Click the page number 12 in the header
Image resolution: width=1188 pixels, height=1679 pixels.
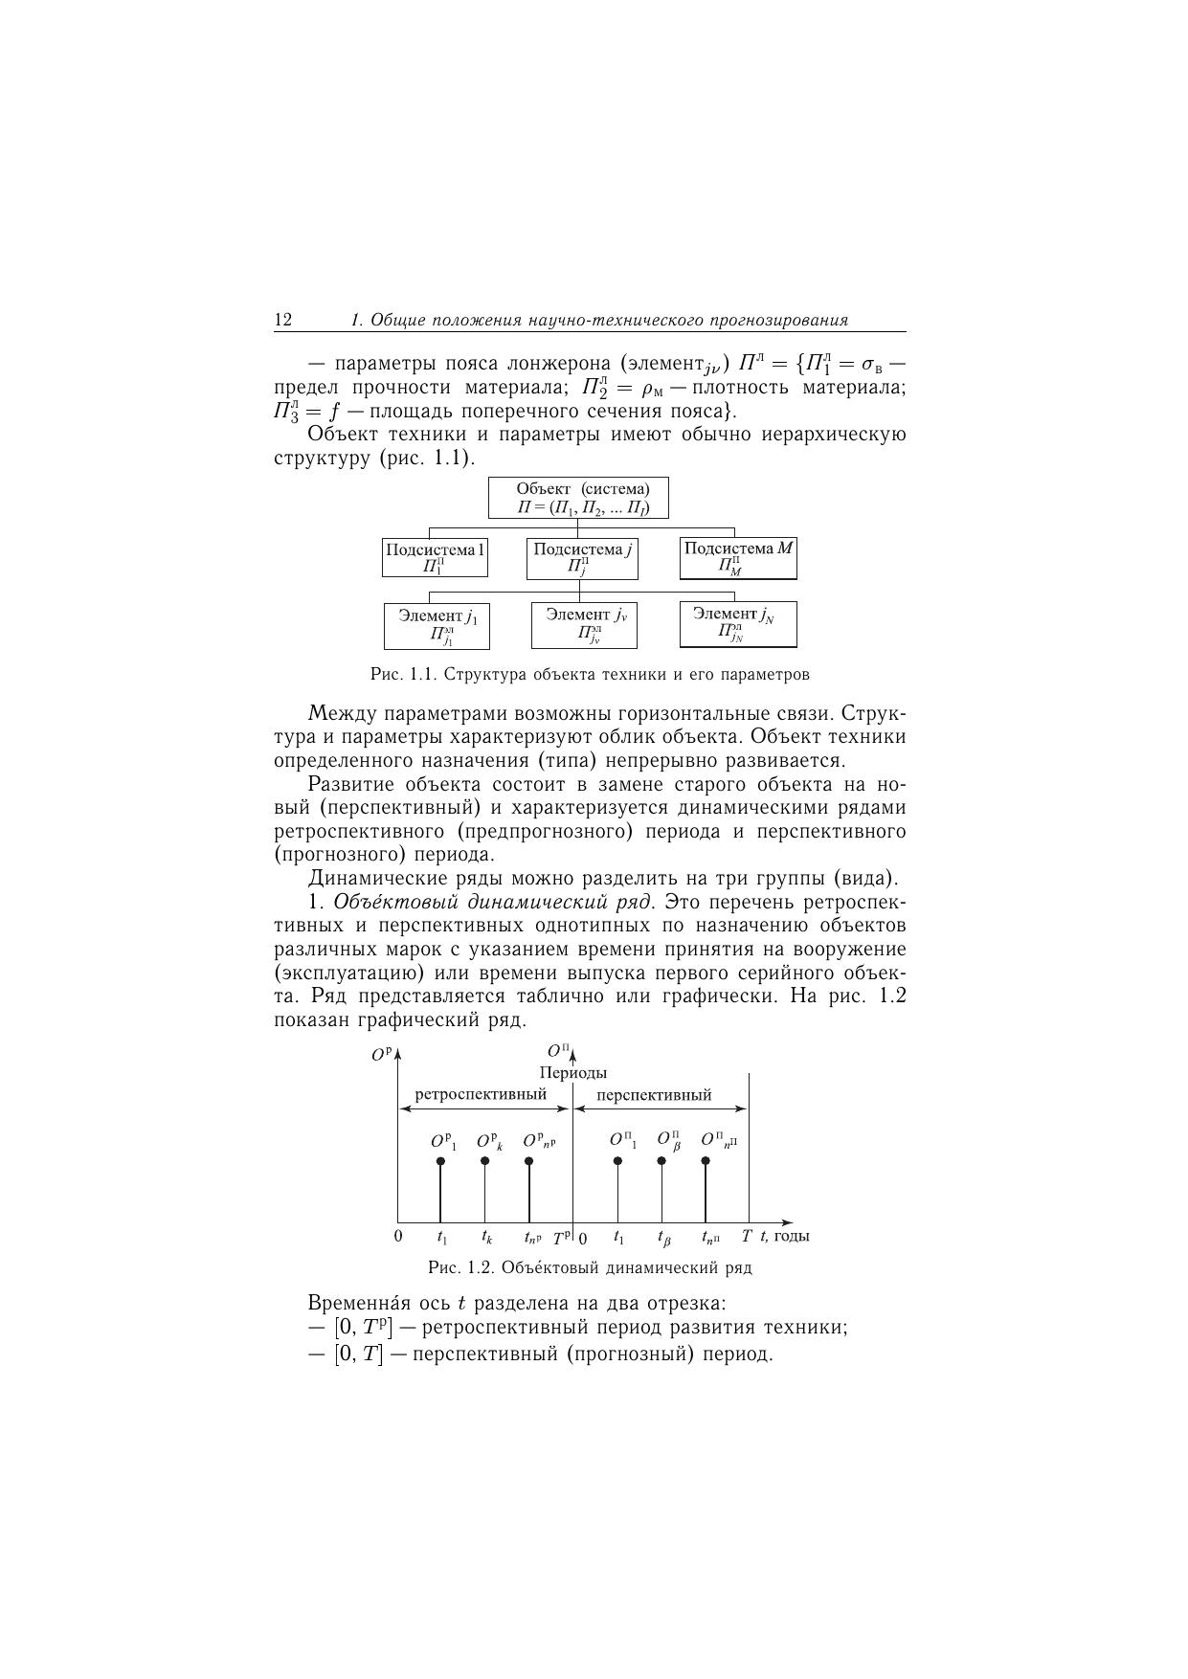click(x=283, y=320)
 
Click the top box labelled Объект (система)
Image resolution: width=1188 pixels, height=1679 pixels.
click(x=578, y=498)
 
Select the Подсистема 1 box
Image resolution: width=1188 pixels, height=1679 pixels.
click(x=435, y=557)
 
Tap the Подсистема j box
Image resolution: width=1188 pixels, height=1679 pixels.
click(x=582, y=557)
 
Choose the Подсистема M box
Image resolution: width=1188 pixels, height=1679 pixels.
click(x=738, y=558)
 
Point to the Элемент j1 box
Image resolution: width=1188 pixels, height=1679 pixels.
click(x=437, y=625)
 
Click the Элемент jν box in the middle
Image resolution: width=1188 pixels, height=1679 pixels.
click(x=584, y=624)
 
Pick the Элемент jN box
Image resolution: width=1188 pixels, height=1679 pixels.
click(x=737, y=624)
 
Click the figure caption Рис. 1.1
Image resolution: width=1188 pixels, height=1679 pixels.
click(x=590, y=675)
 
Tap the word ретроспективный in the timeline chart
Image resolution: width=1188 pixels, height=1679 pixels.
click(x=481, y=1093)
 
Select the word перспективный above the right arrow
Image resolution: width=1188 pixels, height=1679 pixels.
click(x=654, y=1094)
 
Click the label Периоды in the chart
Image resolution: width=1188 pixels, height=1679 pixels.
click(x=572, y=1073)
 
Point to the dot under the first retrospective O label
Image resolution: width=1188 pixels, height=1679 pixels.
click(x=440, y=1161)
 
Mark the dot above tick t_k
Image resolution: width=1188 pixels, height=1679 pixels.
click(x=485, y=1161)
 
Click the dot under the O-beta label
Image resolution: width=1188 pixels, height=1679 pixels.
click(x=661, y=1161)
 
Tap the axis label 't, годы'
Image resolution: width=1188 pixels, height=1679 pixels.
click(x=785, y=1236)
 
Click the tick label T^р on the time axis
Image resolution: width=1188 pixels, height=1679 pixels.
click(x=562, y=1237)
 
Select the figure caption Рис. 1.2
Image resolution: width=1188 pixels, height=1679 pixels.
click(x=590, y=1268)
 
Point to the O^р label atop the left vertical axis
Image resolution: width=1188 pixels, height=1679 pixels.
click(x=381, y=1055)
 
